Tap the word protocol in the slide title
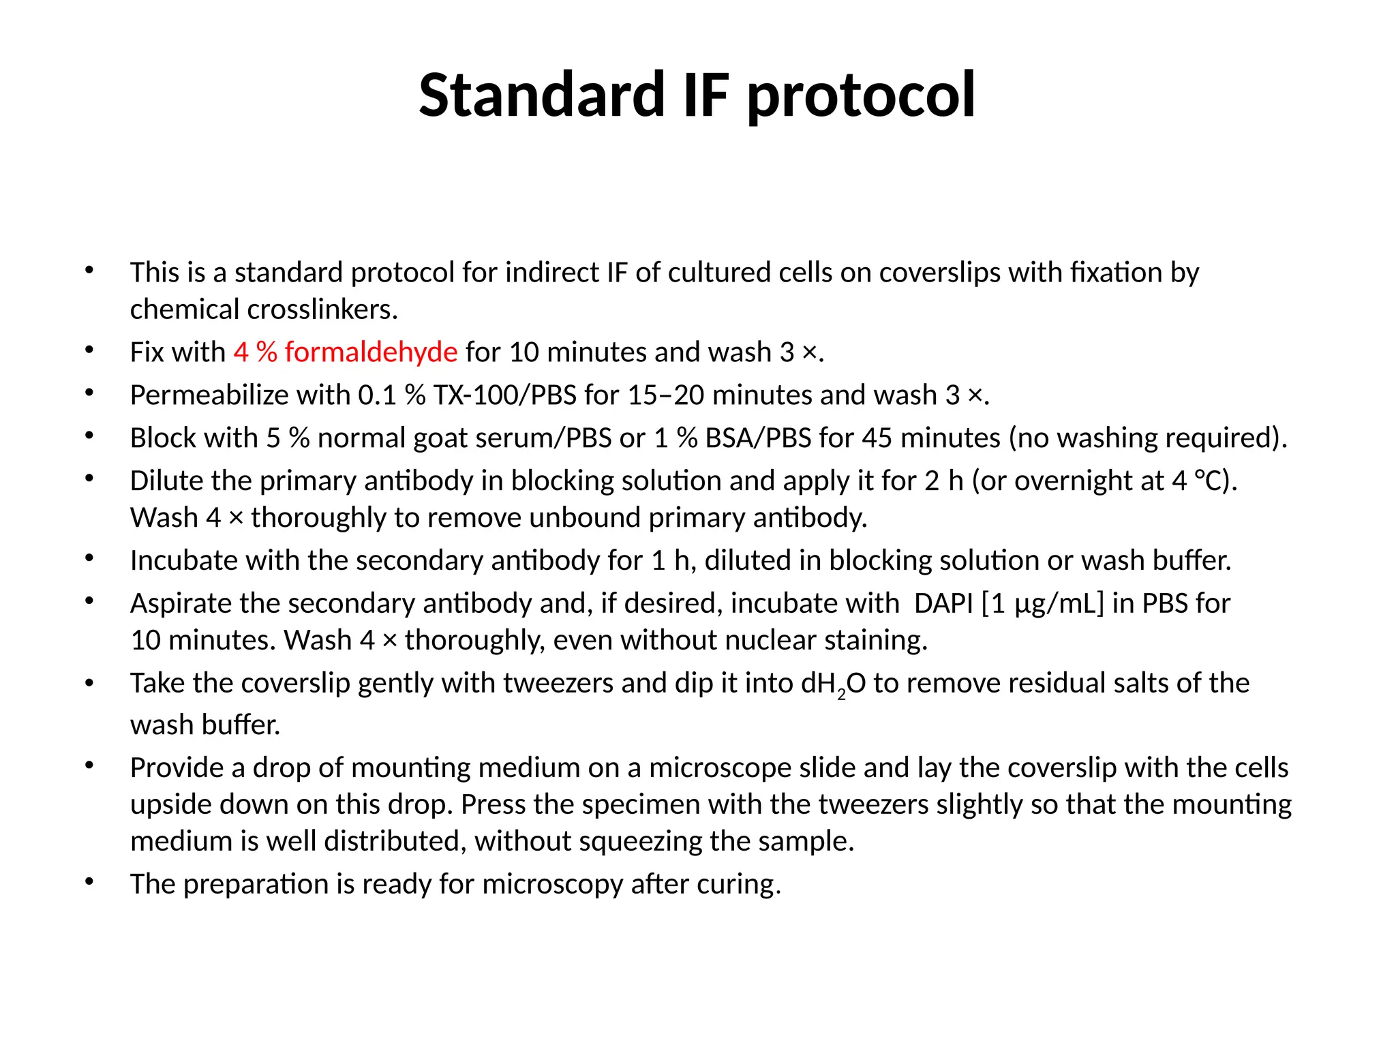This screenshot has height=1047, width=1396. pyautogui.click(x=861, y=95)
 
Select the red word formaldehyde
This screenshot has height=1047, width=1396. pyautogui.click(x=371, y=352)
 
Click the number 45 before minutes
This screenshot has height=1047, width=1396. pyautogui.click(x=877, y=438)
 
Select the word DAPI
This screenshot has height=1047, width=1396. pyautogui.click(x=943, y=604)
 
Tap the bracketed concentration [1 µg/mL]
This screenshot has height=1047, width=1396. pyautogui.click(x=1042, y=604)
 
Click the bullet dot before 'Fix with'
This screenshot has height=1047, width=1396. pyautogui.click(x=89, y=350)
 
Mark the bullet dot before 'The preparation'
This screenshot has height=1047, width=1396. pyautogui.click(x=89, y=882)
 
